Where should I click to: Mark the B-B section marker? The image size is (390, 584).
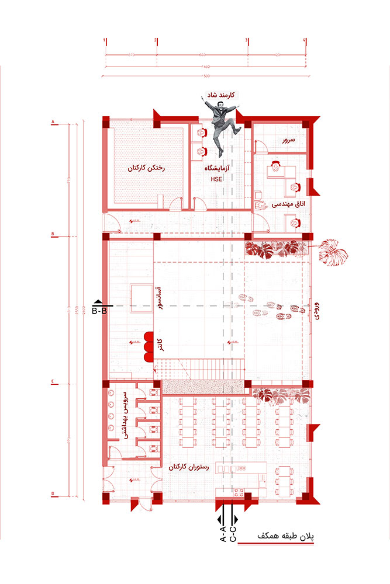click(x=99, y=308)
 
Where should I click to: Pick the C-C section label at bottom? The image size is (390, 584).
click(x=233, y=533)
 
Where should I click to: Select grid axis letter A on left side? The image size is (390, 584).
click(x=53, y=122)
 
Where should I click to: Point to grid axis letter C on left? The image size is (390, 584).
click(x=53, y=383)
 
